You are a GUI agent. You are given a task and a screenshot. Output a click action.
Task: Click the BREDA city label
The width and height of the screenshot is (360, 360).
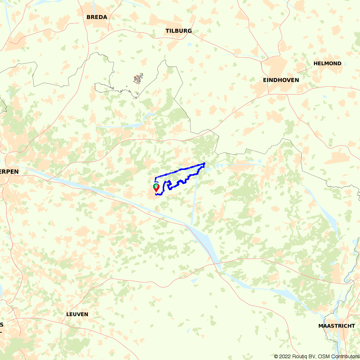coord(97,17)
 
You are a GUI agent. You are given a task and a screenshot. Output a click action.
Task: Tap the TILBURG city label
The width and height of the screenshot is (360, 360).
coord(179,31)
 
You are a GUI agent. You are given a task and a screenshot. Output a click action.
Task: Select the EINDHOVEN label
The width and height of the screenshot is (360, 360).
coord(281,80)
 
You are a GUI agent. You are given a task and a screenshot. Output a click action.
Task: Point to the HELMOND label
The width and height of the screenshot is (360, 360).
coord(327,63)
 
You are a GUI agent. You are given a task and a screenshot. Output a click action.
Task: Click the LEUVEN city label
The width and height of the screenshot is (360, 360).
coord(77,314)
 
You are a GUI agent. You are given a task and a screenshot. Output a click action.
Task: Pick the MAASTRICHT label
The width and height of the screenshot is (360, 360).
coord(337,326)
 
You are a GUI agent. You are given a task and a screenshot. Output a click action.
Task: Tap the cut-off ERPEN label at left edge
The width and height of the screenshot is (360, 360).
coord(9,172)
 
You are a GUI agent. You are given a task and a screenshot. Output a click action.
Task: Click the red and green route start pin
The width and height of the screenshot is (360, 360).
coord(156,188)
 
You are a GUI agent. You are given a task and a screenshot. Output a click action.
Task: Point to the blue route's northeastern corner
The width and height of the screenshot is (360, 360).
coord(204,163)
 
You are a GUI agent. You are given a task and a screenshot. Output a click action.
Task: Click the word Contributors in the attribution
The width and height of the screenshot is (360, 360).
coord(345,356)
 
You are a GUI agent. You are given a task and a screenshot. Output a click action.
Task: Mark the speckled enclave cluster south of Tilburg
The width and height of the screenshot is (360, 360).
coord(138,78)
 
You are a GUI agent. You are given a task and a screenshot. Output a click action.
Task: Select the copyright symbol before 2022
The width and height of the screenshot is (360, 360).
coord(276,356)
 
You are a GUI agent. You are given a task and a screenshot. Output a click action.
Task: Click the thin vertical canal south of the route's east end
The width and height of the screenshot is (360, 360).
coord(194,202)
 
